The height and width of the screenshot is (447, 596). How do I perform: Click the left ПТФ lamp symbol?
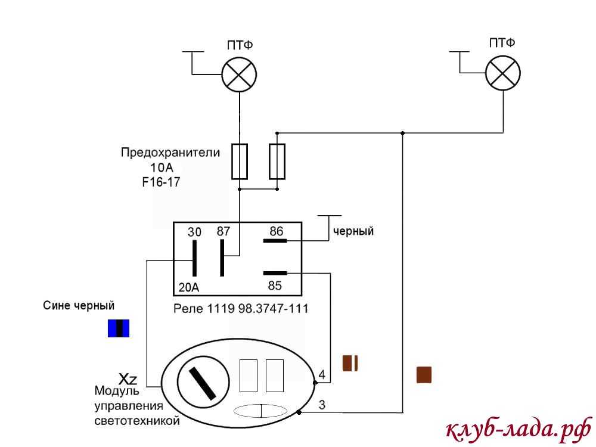click(239, 74)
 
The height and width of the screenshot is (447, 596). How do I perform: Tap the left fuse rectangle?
click(239, 161)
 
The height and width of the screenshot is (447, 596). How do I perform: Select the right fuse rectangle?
click(277, 161)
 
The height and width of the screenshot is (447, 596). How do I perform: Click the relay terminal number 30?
click(194, 232)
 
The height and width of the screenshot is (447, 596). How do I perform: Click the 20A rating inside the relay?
click(189, 288)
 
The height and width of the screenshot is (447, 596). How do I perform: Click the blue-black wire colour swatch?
click(118, 328)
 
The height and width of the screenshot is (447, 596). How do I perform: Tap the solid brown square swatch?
click(424, 374)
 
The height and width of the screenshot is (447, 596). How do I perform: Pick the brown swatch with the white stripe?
click(350, 363)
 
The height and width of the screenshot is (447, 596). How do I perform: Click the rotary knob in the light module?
click(203, 382)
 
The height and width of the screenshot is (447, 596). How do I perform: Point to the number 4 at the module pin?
click(322, 375)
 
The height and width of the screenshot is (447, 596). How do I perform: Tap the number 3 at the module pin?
click(322, 406)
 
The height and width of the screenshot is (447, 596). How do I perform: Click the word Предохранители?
click(170, 153)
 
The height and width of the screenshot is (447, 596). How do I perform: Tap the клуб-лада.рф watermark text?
click(517, 429)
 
